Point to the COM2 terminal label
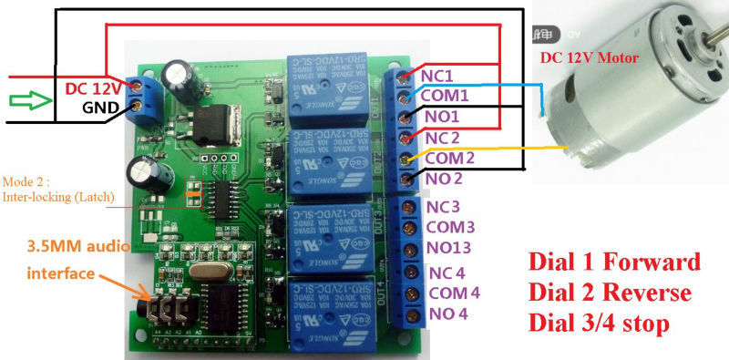click(445, 158)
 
